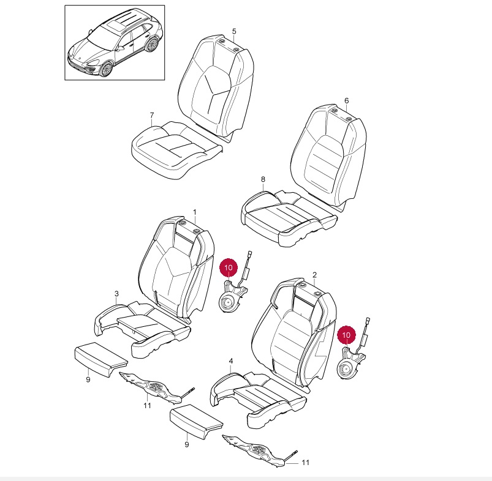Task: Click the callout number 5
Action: (x=234, y=31)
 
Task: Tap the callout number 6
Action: (x=346, y=100)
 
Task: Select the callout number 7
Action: (x=152, y=115)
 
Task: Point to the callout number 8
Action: (x=263, y=179)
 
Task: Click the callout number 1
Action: (x=195, y=212)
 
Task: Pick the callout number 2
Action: (x=315, y=275)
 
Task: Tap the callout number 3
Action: (x=117, y=294)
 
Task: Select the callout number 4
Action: (x=231, y=361)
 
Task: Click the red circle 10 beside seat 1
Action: (x=229, y=267)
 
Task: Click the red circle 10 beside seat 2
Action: (x=346, y=335)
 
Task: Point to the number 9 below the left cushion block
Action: (x=88, y=379)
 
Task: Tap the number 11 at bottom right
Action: (x=306, y=463)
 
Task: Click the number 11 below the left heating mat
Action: (x=147, y=406)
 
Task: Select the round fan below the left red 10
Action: (x=228, y=303)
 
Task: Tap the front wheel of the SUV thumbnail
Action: (x=106, y=69)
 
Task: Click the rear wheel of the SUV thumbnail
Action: (x=152, y=44)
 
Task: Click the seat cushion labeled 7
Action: (x=176, y=150)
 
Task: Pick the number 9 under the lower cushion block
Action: (x=187, y=444)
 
